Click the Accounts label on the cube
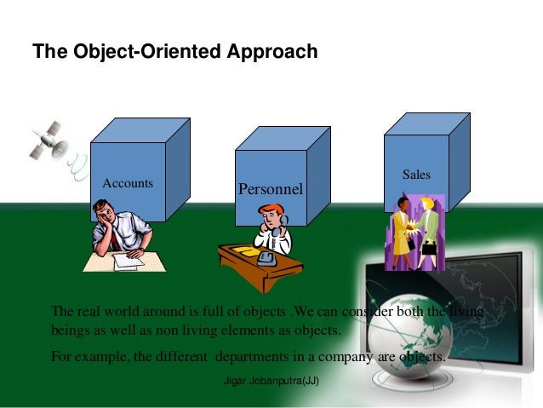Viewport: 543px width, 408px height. [128, 183]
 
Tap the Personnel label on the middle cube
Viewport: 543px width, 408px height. [270, 187]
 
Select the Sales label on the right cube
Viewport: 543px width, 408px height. [416, 175]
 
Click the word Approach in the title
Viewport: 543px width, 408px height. [275, 52]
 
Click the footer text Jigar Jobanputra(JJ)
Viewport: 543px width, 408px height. [271, 382]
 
